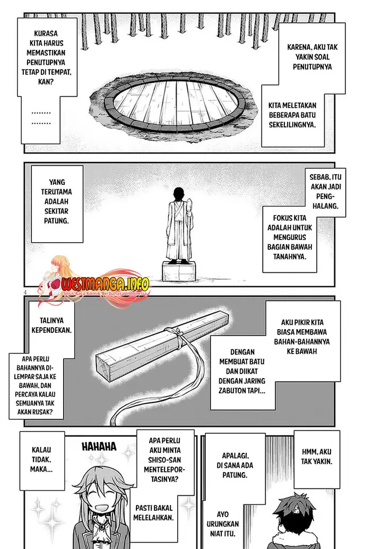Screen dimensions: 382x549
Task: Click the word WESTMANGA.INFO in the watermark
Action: pos(105,283)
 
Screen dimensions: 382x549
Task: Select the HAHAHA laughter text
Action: pos(99,447)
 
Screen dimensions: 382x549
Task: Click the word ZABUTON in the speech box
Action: pos(231,391)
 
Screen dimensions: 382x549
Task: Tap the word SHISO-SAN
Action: pos(164,460)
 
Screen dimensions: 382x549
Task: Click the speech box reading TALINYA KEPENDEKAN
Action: pos(51,325)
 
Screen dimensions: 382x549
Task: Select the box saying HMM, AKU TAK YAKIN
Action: pos(317,459)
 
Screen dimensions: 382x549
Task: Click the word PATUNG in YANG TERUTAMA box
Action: pos(56,221)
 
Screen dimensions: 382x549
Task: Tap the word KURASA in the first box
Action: pos(46,33)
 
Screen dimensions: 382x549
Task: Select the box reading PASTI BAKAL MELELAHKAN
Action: pos(153,512)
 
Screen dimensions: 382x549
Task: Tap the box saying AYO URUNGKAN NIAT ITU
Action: pos(222,524)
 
